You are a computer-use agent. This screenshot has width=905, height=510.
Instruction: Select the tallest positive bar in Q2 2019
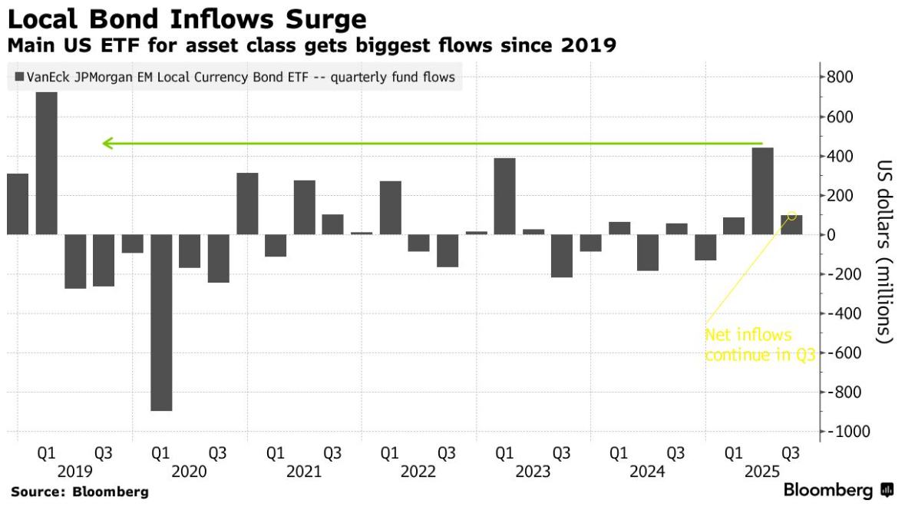click(46, 163)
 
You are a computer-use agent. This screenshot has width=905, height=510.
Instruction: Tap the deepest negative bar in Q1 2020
click(161, 323)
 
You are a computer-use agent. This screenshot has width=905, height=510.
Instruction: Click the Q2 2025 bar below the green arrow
click(762, 191)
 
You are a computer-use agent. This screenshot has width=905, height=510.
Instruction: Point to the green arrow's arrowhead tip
click(104, 143)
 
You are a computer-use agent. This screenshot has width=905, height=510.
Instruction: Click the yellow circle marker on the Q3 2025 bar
click(791, 216)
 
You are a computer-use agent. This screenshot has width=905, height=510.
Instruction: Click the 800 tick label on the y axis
click(838, 78)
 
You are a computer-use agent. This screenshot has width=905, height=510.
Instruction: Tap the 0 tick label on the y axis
click(831, 235)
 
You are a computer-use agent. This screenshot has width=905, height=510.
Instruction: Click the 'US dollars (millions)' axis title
click(884, 251)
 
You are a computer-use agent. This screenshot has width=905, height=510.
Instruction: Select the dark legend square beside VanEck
click(18, 77)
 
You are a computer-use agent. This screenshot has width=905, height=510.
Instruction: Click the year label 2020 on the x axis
click(190, 472)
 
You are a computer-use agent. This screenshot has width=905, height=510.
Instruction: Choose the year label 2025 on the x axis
click(762, 472)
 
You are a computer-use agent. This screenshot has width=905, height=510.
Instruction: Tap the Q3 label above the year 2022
click(447, 454)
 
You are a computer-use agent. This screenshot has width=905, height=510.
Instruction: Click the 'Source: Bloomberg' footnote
click(80, 492)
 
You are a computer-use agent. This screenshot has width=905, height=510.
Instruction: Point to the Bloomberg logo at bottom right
click(838, 491)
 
